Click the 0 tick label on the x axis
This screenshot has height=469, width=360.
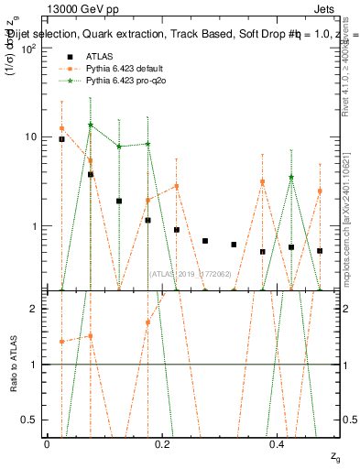pyautogui.click(x=47, y=443)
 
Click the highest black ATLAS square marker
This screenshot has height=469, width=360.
pyautogui.click(x=61, y=139)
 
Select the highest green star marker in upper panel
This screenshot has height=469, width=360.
pyautogui.click(x=90, y=125)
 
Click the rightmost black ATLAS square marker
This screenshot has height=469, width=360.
pyautogui.click(x=320, y=250)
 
